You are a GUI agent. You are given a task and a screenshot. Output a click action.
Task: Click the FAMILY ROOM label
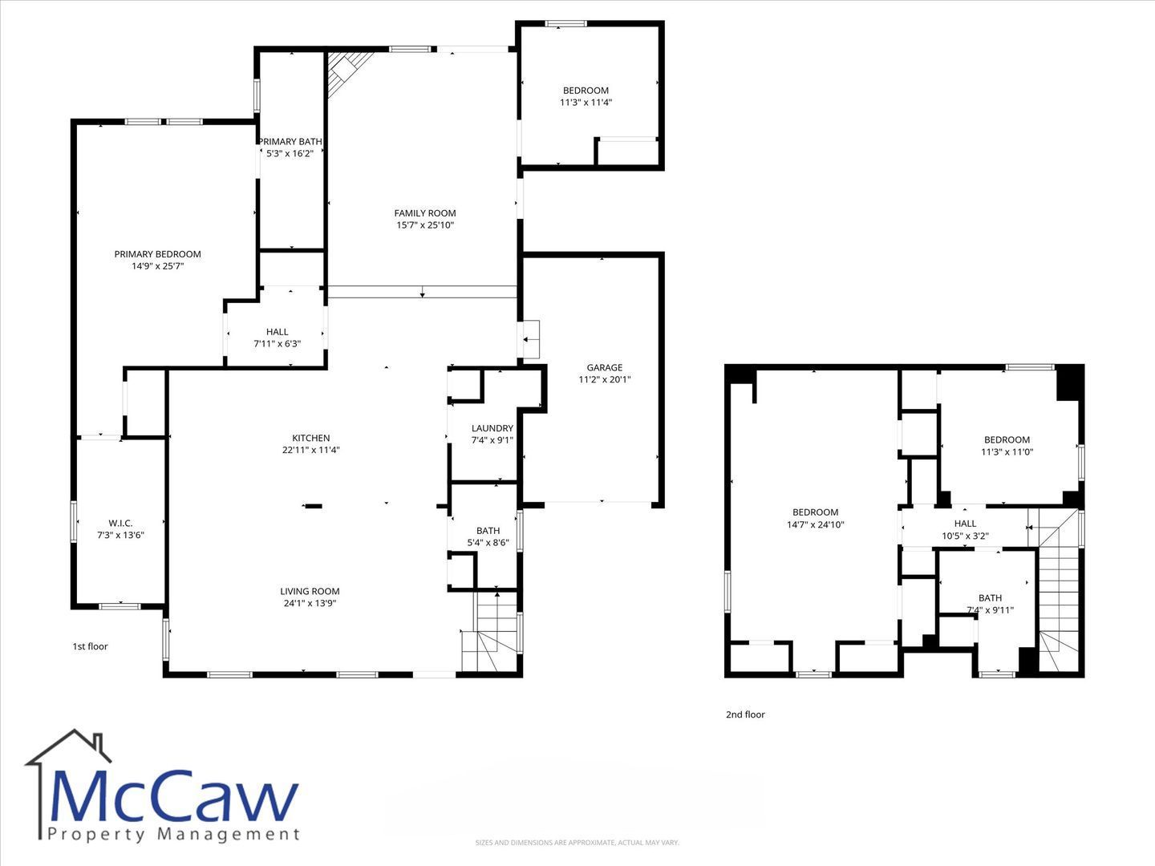(425, 213)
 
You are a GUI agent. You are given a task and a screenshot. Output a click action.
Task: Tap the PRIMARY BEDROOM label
(158, 254)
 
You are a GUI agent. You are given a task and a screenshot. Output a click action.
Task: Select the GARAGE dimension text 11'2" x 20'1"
(605, 379)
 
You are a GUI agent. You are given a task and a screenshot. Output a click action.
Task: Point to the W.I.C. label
(120, 523)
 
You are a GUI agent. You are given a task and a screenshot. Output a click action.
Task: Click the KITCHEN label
(311, 438)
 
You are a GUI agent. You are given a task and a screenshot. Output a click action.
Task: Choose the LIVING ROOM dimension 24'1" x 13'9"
(310, 603)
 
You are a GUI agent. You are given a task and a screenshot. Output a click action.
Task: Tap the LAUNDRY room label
(492, 428)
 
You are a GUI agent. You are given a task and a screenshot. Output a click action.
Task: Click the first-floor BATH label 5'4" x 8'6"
(488, 536)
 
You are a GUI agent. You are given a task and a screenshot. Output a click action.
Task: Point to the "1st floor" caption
(90, 646)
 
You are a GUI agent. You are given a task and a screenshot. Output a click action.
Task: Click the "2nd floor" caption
(746, 714)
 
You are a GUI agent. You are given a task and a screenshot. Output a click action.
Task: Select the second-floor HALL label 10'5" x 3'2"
(965, 529)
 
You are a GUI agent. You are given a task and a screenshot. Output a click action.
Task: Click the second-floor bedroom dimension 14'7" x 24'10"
(816, 524)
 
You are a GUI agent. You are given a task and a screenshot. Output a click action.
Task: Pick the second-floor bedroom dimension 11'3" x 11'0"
(1007, 451)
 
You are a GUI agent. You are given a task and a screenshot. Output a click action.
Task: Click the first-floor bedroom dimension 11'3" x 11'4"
(586, 102)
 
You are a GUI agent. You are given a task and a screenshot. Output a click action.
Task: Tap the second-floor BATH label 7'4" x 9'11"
(991, 604)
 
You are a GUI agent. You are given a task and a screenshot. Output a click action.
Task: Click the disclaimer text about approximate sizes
(577, 842)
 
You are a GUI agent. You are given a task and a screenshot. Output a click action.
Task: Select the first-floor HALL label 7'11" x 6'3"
(278, 338)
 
